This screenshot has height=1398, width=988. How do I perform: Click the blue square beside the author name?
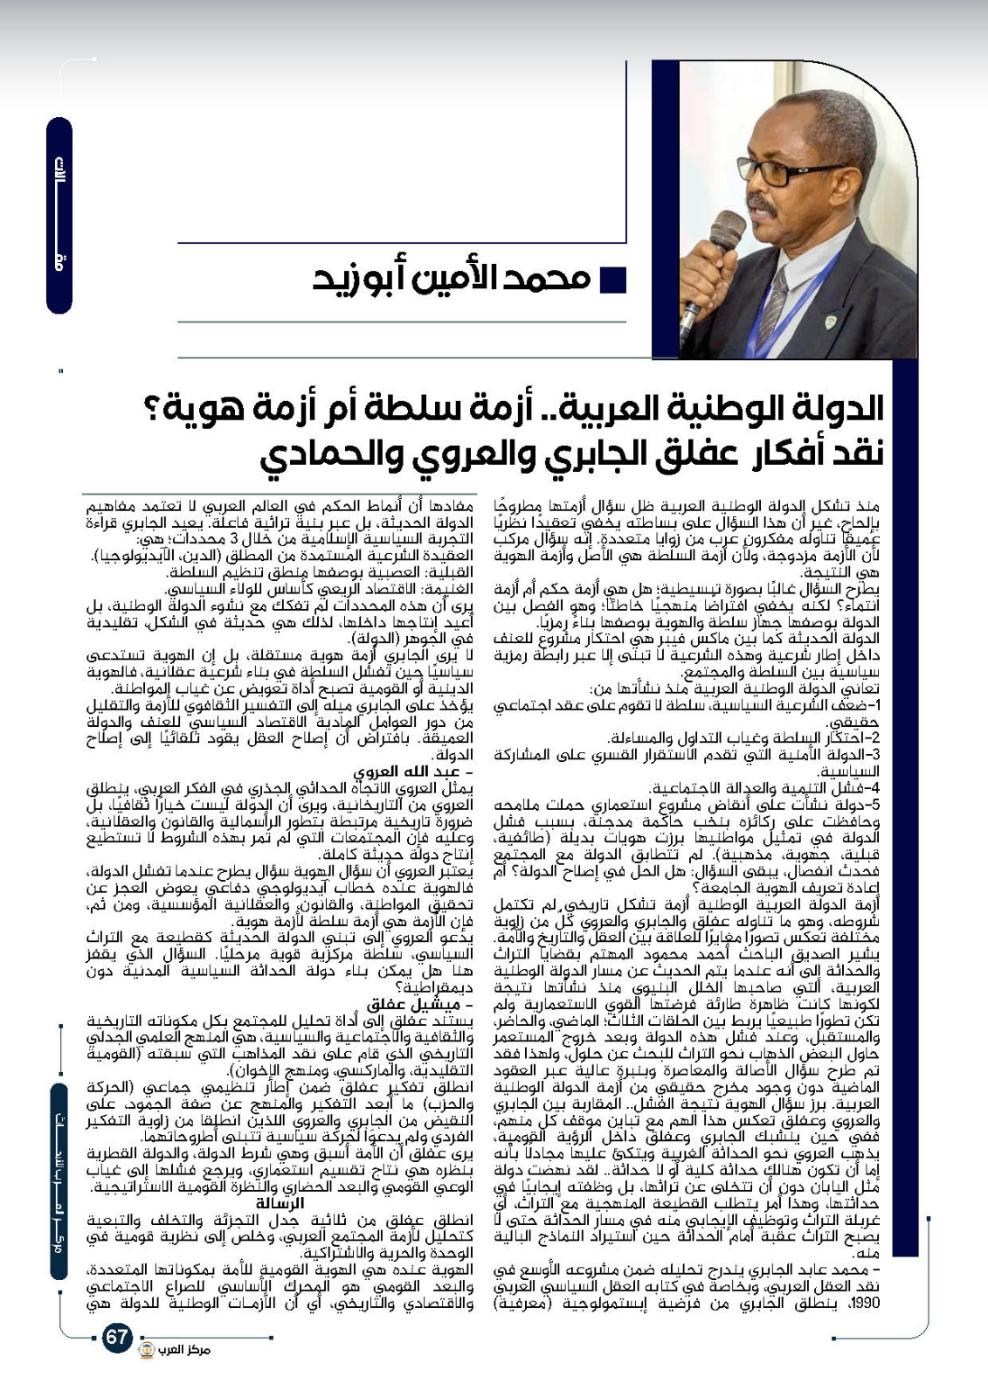click(x=614, y=280)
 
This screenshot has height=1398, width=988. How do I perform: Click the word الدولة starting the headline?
click(x=831, y=408)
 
